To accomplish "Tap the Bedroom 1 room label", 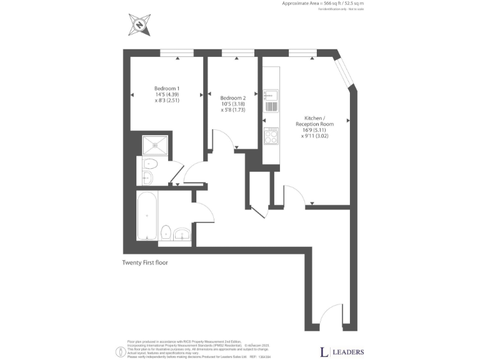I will [166, 88].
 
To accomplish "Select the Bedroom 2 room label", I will [232, 97].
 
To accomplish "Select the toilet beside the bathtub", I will [166, 232].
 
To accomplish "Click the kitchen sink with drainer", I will [271, 100].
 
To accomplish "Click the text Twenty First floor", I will [145, 263].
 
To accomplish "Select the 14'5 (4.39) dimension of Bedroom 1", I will [167, 94].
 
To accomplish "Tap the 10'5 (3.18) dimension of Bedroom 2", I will [232, 104].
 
